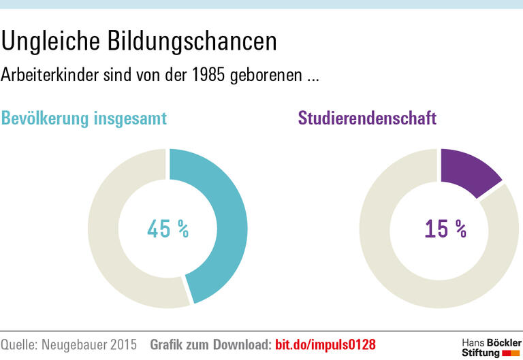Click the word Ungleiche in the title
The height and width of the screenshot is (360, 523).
52,42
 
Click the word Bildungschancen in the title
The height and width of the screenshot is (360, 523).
193,42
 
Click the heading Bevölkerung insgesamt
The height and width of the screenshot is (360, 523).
84,118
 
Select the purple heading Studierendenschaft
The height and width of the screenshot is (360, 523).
367,118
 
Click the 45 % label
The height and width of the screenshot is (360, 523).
168,229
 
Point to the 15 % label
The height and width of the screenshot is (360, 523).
445,229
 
